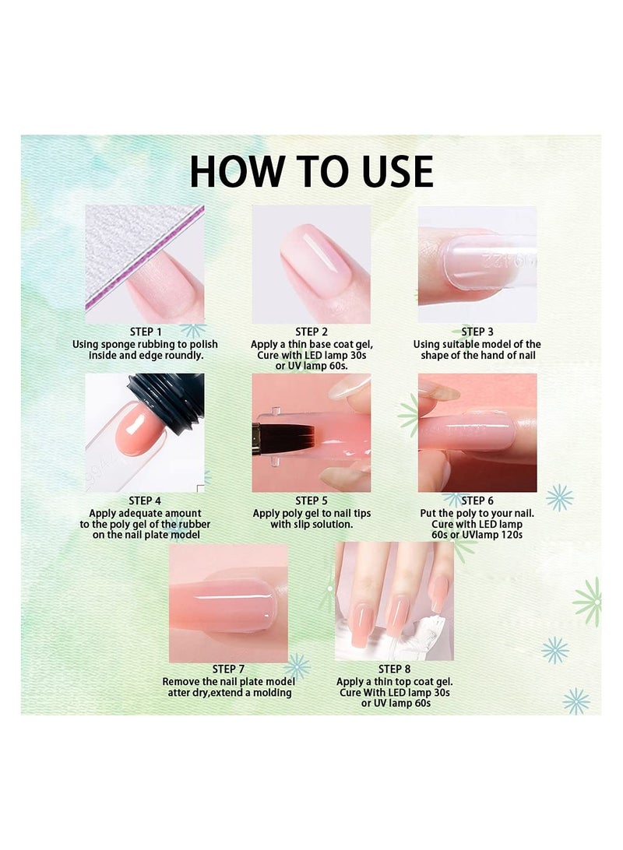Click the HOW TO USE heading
click(311, 171)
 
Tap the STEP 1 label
click(146, 332)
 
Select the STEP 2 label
click(311, 332)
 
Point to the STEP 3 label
click(477, 332)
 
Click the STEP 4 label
click(145, 501)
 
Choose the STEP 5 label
click(311, 501)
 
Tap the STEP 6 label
click(477, 501)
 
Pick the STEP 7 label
click(228, 669)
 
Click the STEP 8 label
click(394, 669)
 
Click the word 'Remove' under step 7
click(181, 681)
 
